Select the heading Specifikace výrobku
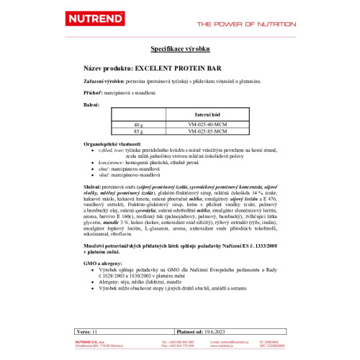coord(179,48)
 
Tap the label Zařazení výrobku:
coord(105,84)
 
